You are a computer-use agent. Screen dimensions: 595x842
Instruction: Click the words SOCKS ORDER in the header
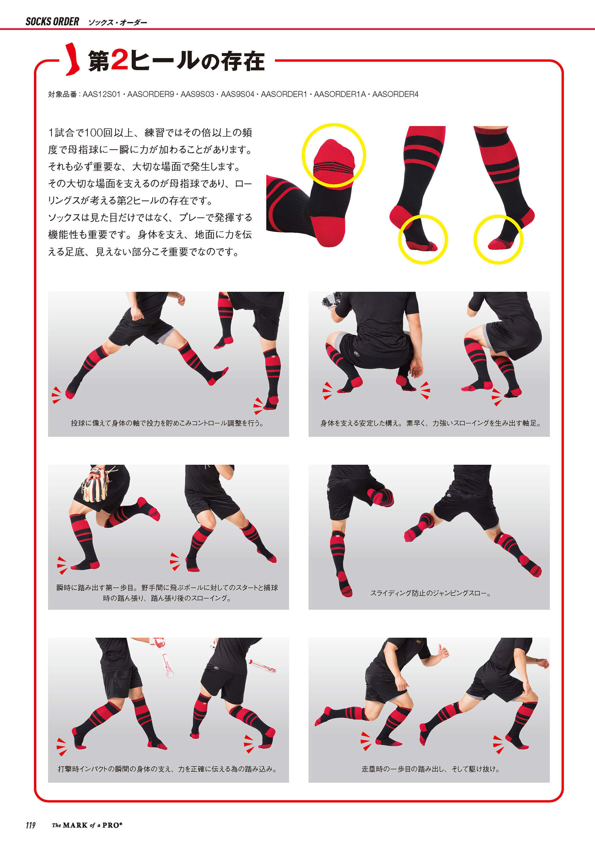52,22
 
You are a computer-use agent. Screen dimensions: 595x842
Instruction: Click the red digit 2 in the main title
120,61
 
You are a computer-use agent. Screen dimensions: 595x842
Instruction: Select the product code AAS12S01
102,94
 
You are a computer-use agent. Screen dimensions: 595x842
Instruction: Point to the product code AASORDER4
395,94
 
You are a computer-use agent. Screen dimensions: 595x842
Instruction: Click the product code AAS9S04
237,94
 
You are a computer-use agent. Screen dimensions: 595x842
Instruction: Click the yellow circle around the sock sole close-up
333,124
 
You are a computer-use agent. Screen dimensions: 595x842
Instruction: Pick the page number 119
30,825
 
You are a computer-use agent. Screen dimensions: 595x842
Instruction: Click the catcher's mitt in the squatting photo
332,299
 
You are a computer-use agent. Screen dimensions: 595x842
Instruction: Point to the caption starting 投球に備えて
167,423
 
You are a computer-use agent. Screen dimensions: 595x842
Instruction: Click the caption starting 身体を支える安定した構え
431,423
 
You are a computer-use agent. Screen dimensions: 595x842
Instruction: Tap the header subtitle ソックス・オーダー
117,23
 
